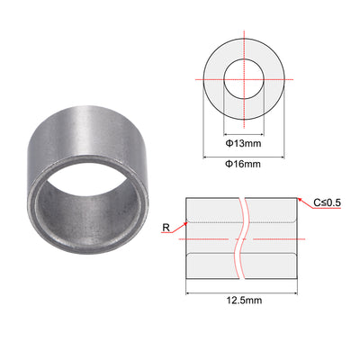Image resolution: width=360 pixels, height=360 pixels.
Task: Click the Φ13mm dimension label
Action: click(x=243, y=143)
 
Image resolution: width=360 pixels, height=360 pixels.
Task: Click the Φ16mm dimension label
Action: click(x=243, y=164)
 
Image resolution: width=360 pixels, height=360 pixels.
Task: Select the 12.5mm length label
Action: click(x=244, y=300)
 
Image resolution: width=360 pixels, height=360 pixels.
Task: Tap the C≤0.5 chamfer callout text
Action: click(x=328, y=202)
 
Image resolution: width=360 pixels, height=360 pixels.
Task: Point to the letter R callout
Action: click(x=166, y=228)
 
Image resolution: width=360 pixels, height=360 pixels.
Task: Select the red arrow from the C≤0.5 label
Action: click(x=305, y=203)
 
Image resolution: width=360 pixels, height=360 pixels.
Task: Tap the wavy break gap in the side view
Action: click(x=242, y=238)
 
